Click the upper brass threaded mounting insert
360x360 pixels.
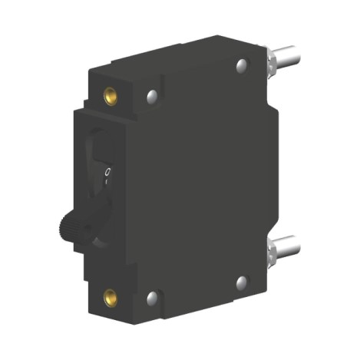click(111, 96)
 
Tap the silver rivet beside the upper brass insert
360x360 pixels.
click(152, 97)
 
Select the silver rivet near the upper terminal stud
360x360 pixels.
click(243, 65)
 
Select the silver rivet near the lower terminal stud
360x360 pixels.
click(242, 282)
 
